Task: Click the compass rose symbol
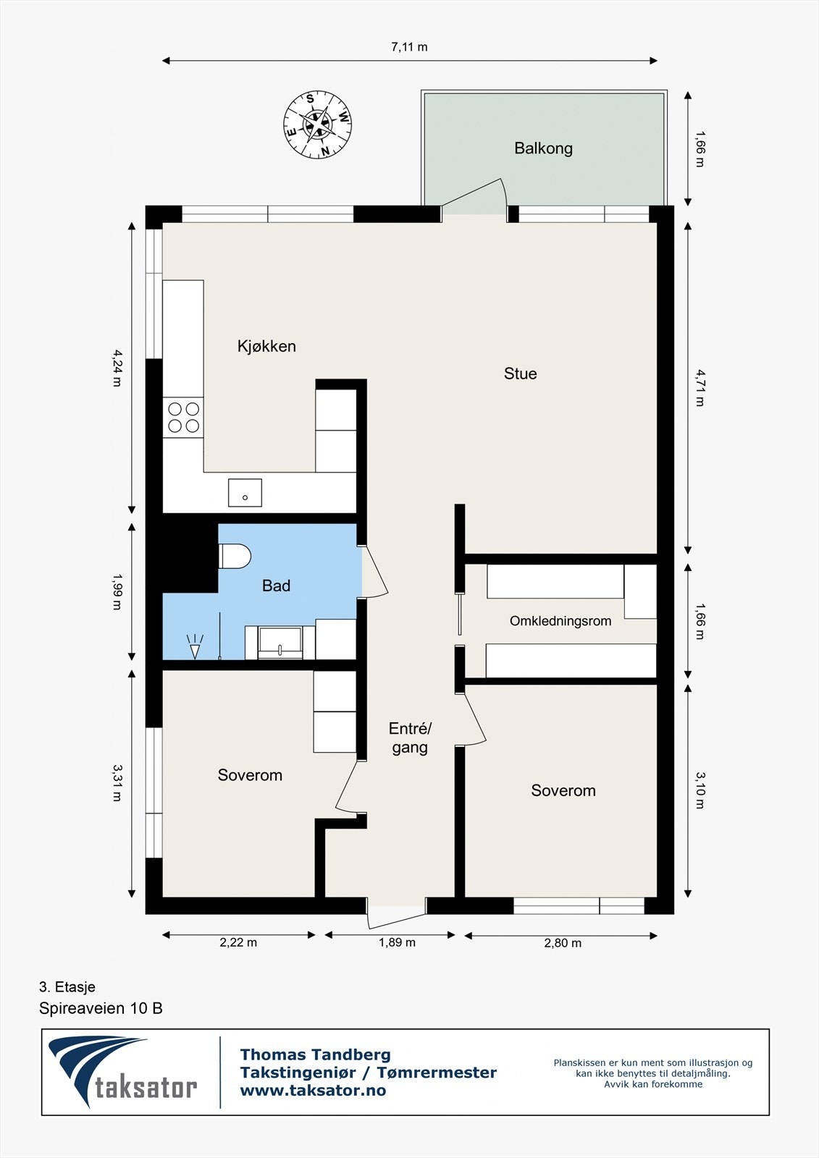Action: pyautogui.click(x=318, y=124)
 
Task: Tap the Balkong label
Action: pyautogui.click(x=543, y=149)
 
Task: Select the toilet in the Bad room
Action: pyautogui.click(x=235, y=556)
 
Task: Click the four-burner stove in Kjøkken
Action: pyautogui.click(x=183, y=418)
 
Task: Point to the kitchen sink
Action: pyautogui.click(x=245, y=493)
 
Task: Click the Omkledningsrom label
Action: pyautogui.click(x=560, y=621)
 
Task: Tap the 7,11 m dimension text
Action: pyautogui.click(x=409, y=47)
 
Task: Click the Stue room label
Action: pyautogui.click(x=520, y=373)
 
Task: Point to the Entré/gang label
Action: pyautogui.click(x=410, y=738)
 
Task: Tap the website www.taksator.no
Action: pyautogui.click(x=313, y=1091)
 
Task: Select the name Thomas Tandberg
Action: pyautogui.click(x=315, y=1055)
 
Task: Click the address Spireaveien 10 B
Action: pyautogui.click(x=101, y=1009)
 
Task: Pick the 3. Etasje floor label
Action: pyautogui.click(x=67, y=987)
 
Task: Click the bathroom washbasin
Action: pyautogui.click(x=280, y=643)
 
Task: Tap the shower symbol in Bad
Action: pyautogui.click(x=195, y=647)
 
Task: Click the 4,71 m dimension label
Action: pyautogui.click(x=700, y=388)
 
